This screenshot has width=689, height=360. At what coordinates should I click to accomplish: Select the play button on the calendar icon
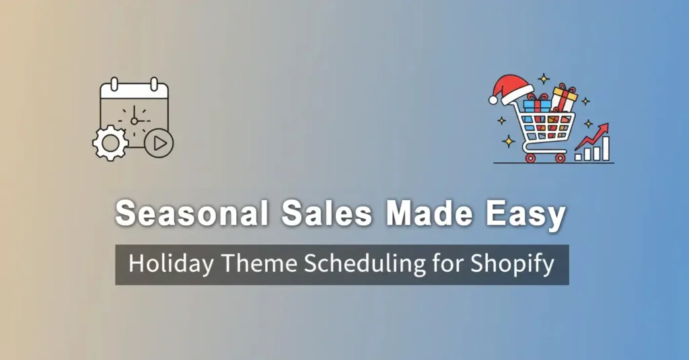[x=159, y=143]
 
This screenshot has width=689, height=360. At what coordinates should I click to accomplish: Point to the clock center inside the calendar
[x=135, y=120]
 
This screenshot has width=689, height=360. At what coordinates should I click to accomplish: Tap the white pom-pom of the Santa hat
[x=493, y=99]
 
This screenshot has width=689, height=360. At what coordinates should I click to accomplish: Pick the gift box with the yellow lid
[x=564, y=98]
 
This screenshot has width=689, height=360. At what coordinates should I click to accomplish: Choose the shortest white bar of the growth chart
[x=579, y=155]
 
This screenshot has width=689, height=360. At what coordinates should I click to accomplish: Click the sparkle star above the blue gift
[x=544, y=79]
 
